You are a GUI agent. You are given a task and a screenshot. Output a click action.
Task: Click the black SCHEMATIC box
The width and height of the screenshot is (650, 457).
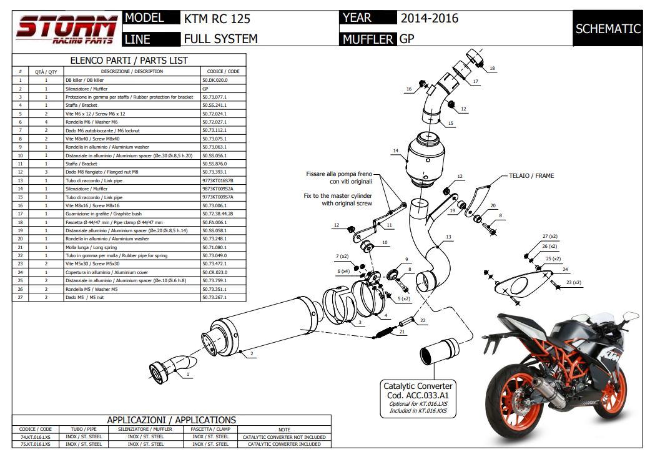point(608,29)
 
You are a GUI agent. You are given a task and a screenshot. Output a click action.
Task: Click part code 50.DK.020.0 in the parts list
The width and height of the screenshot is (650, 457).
point(215,81)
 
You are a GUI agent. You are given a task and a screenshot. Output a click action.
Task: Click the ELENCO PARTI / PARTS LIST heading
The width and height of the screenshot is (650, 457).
point(129,61)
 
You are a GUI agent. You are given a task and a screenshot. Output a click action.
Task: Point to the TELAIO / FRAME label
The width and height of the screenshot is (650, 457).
point(531,176)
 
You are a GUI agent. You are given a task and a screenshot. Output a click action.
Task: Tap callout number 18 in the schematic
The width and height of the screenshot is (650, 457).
point(492,68)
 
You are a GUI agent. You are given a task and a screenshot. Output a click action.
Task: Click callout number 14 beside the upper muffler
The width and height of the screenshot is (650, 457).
point(395,150)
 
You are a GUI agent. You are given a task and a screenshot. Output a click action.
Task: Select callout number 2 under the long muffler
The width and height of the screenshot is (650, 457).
point(252,354)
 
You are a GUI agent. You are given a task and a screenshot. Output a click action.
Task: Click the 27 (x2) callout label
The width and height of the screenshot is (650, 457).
point(549,237)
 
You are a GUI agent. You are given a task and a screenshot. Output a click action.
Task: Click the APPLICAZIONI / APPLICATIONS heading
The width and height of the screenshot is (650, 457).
point(170,420)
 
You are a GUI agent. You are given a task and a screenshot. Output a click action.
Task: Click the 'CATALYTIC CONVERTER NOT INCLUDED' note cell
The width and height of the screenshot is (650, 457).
point(284,437)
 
